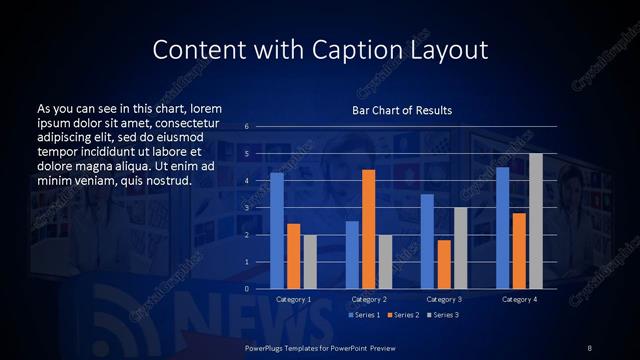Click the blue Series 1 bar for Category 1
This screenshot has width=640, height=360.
tap(277, 231)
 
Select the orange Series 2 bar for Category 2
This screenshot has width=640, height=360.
tap(368, 229)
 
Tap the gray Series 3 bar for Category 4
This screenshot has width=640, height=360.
tap(536, 221)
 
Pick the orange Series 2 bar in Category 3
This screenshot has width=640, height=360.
tap(443, 264)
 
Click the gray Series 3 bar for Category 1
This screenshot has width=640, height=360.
tap(310, 262)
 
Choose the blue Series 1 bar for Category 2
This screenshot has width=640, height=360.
tap(352, 255)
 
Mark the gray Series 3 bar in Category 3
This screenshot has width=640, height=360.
tap(460, 248)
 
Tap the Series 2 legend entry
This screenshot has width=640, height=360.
tap(402, 315)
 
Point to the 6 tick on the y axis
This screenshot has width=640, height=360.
tap(246, 127)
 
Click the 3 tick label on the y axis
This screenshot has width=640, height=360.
tap(246, 208)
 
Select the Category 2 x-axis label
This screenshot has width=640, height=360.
tap(369, 299)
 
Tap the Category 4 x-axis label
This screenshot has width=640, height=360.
tap(519, 299)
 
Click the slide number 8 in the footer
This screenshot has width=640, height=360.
tap(589, 346)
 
